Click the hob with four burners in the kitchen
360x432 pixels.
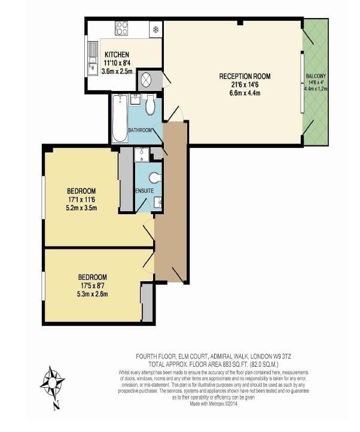click(x=121, y=28)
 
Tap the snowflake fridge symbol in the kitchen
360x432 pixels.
click(x=155, y=28)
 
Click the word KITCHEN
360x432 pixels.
click(x=117, y=55)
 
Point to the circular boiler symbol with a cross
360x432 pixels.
click(x=147, y=80)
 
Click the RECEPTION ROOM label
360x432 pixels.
click(x=245, y=76)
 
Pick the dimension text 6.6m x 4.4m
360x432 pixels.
click(x=245, y=94)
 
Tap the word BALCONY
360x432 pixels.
click(x=316, y=76)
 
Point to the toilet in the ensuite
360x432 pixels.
click(x=155, y=178)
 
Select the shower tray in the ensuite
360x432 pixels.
click(x=142, y=155)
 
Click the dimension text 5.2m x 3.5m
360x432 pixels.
click(x=81, y=208)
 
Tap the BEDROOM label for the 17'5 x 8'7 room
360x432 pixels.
click(x=93, y=277)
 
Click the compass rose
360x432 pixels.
click(x=53, y=383)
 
